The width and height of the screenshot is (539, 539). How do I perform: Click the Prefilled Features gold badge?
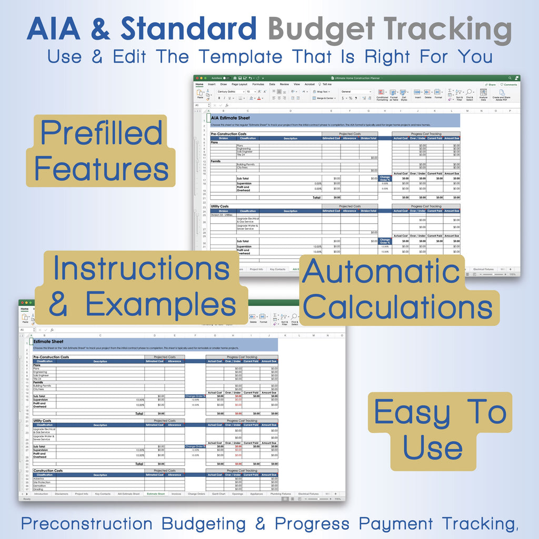[x=101, y=151]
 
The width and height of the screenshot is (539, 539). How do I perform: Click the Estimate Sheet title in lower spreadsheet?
[x=48, y=341]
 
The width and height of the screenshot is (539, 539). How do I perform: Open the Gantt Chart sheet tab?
[x=218, y=494]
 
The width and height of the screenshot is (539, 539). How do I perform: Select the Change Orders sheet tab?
[x=196, y=494]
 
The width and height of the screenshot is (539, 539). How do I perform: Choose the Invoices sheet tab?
[x=176, y=494]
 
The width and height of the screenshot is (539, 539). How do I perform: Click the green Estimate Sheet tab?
[x=155, y=494]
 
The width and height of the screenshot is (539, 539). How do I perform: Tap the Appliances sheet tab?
[x=256, y=494]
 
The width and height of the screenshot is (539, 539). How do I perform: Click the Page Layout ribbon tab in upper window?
[x=239, y=84]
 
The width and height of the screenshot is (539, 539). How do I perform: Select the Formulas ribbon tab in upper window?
[x=258, y=84]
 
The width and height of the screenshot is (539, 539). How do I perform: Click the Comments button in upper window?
[x=510, y=84]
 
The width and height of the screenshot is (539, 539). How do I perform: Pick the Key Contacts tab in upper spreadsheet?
[x=277, y=269]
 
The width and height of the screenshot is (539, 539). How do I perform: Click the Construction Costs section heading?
[x=48, y=471]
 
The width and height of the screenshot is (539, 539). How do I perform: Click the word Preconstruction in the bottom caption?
[x=87, y=524]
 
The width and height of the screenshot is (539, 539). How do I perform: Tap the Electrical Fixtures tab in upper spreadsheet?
[x=483, y=269]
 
